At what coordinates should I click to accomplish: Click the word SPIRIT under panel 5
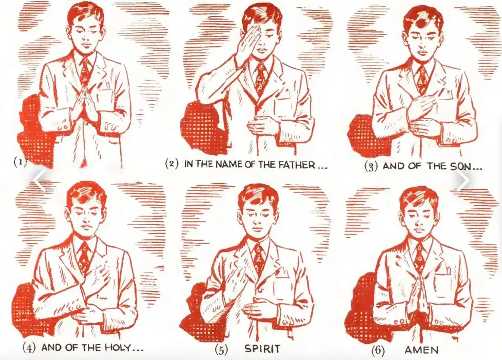coord(262,349)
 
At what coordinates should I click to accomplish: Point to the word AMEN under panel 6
coord(422,350)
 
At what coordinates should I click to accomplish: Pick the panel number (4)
coord(29,348)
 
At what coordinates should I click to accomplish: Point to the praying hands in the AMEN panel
coord(418,294)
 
